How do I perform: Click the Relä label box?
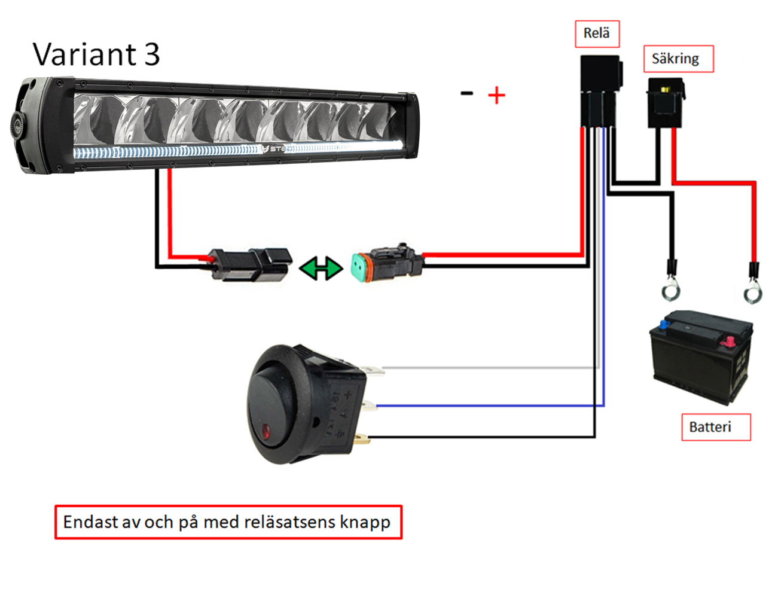(x=597, y=34)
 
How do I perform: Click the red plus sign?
(x=496, y=96)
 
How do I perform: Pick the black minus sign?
(x=466, y=93)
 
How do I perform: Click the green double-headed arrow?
(x=321, y=268)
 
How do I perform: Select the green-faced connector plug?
(x=387, y=263)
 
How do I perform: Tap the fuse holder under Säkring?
(x=665, y=103)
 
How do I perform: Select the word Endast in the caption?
(x=90, y=522)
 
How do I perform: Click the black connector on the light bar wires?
(x=251, y=265)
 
